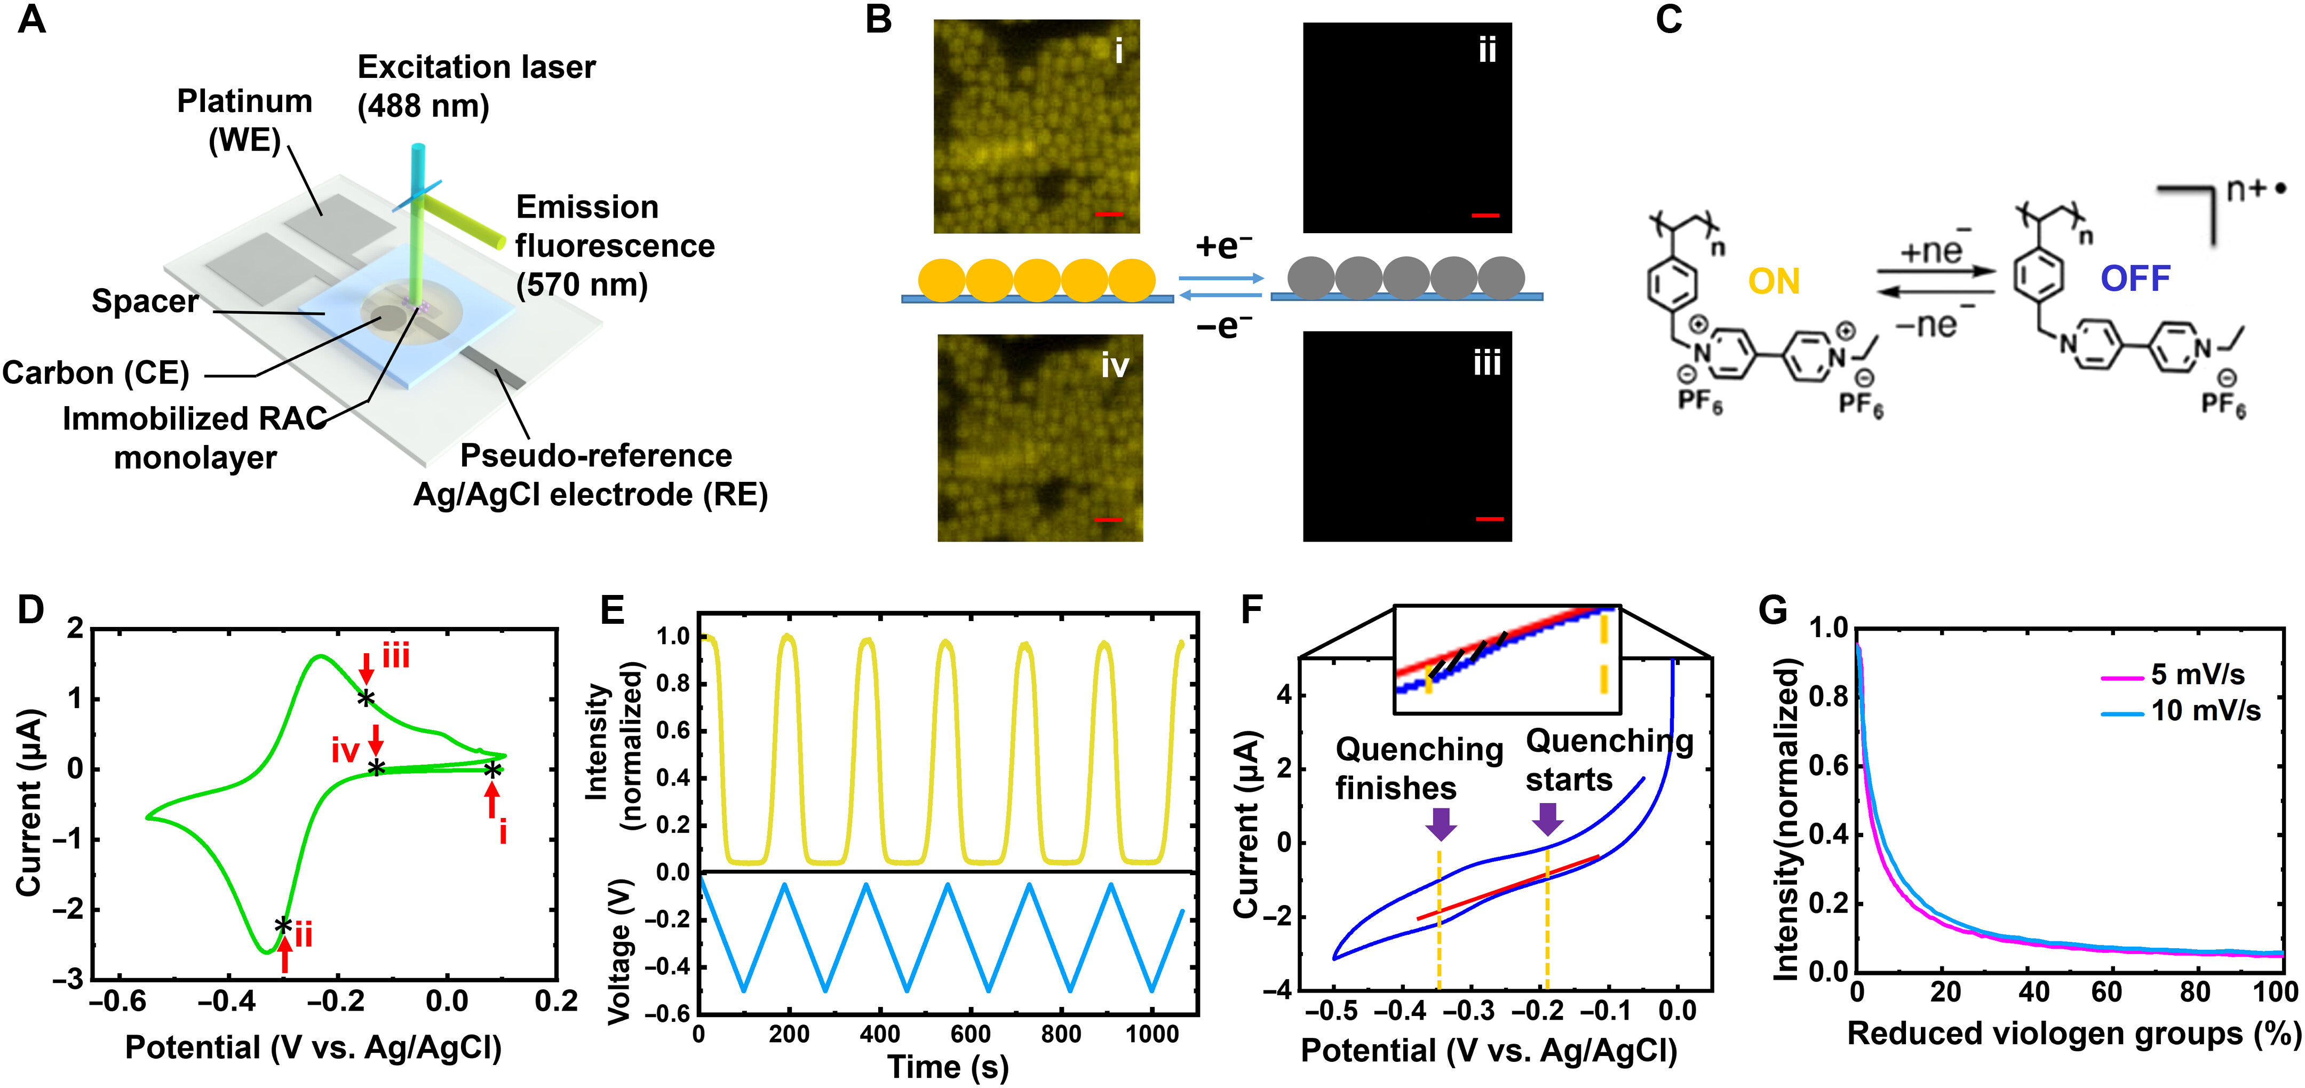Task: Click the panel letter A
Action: [x=31, y=20]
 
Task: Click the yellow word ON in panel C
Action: [x=1774, y=282]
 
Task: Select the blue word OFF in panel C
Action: [x=2135, y=279]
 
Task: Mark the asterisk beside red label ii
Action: [x=283, y=925]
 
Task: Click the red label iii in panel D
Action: [x=395, y=657]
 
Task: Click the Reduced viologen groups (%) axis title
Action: [x=2072, y=1034]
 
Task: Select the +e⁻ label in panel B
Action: [x=1223, y=245]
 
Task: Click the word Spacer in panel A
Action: [x=145, y=301]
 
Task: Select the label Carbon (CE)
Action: [x=96, y=373]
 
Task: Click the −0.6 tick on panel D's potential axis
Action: [x=117, y=1001]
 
